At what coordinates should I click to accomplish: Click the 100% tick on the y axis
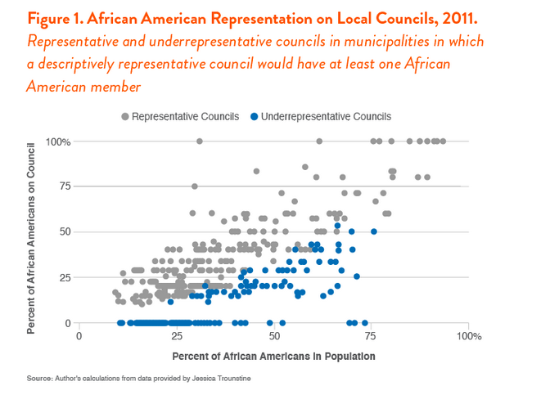(60, 141)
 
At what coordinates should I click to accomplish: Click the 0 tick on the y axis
(68, 323)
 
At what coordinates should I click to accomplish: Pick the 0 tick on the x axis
(79, 336)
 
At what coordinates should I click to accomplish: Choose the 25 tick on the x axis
(176, 336)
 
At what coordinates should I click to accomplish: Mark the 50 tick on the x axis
(273, 336)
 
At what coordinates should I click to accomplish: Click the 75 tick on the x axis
(371, 336)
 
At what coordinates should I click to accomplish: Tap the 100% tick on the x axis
(467, 336)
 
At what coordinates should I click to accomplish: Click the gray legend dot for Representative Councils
(125, 117)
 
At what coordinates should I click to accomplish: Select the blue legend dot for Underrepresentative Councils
(255, 117)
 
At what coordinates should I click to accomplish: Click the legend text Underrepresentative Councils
(326, 117)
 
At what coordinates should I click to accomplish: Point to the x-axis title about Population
(273, 357)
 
